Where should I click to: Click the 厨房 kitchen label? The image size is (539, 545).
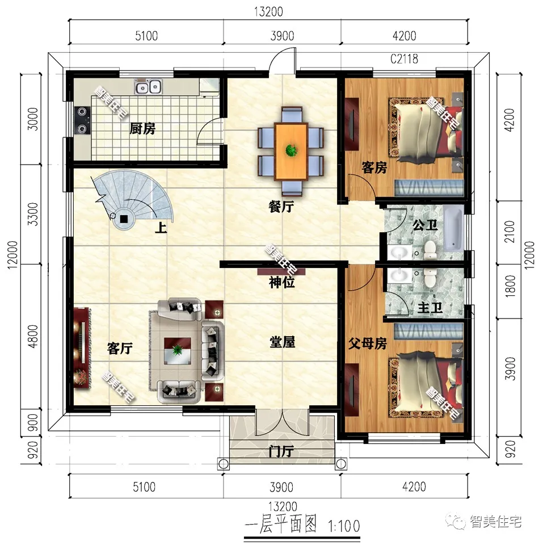pyautogui.click(x=142, y=129)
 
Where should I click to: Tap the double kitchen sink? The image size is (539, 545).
pyautogui.click(x=149, y=87)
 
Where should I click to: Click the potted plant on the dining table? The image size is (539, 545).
pyautogui.click(x=292, y=150)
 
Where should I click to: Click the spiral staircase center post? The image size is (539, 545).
pyautogui.click(x=124, y=218)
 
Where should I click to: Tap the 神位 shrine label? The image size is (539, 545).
pyautogui.click(x=282, y=281)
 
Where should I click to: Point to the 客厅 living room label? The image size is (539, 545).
pyautogui.click(x=120, y=349)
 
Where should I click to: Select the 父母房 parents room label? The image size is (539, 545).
pyautogui.click(x=368, y=343)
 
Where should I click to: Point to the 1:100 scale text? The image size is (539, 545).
pyautogui.click(x=343, y=526)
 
